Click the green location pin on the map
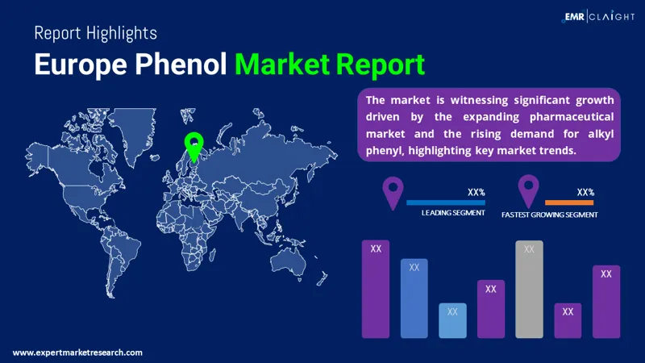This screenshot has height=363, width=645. [193, 146]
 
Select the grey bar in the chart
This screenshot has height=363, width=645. [529, 290]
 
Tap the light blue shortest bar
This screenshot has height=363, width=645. [452, 320]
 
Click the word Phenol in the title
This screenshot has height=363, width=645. [181, 65]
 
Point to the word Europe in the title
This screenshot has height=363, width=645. [81, 65]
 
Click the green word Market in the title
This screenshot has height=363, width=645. [282, 65]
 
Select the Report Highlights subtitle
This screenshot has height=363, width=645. [95, 33]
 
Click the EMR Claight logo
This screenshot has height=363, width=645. [597, 16]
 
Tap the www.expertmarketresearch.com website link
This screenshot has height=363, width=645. [77, 353]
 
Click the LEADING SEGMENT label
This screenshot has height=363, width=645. [453, 213]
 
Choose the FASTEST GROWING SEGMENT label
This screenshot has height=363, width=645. [550, 215]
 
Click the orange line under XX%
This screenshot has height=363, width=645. [569, 202]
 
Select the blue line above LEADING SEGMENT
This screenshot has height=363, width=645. [446, 202]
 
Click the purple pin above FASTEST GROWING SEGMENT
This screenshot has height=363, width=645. [529, 190]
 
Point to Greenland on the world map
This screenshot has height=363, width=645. [134, 131]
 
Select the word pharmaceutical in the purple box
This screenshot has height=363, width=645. [572, 117]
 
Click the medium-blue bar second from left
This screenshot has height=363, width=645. [414, 298]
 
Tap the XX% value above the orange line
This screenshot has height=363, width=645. [585, 192]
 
